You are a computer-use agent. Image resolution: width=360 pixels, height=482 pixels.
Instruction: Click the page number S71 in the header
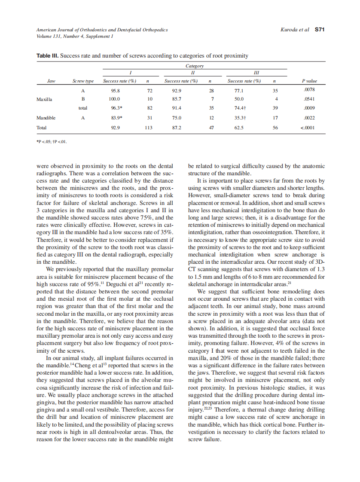319,30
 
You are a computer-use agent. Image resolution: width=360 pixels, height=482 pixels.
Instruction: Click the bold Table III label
47,56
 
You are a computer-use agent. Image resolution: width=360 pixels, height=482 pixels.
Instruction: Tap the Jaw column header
51,81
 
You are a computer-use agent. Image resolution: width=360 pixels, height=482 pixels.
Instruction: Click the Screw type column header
83,81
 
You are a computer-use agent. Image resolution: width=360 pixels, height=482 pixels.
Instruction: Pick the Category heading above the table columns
194,66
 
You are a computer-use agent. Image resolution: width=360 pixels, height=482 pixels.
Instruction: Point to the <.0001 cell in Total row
309,128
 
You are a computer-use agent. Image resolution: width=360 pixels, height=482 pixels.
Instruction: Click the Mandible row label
46,118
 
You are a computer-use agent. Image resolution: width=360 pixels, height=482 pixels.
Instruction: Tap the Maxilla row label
44,99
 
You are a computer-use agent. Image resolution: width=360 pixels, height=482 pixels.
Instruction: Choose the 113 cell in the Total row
148,128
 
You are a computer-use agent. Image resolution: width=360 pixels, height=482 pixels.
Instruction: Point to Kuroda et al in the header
294,30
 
